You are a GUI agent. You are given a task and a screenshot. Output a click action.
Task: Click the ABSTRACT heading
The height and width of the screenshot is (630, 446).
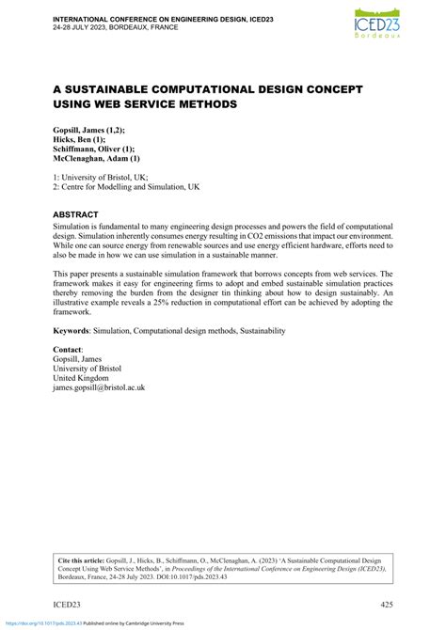(x=82, y=215)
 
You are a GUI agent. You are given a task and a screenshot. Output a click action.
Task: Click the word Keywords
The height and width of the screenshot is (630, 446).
(x=75, y=331)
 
